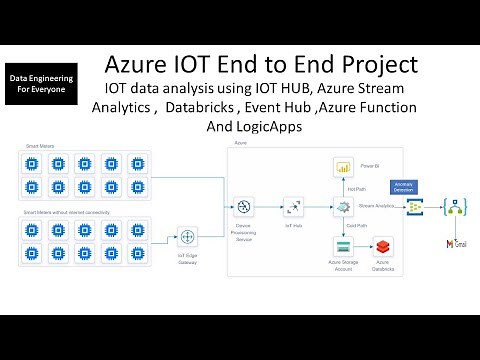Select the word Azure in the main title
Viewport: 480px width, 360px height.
[145, 66]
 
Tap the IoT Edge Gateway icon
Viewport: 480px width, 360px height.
[186, 236]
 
